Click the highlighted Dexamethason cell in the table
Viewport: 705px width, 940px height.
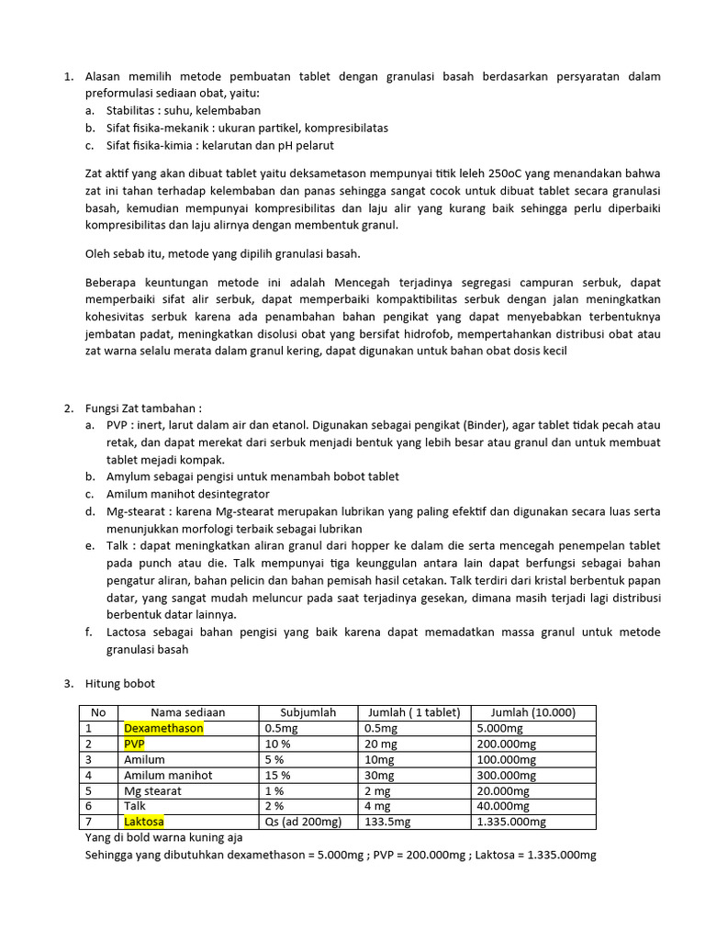point(163,728)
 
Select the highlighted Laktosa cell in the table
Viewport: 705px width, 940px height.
point(144,822)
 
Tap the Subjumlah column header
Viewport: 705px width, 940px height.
point(308,712)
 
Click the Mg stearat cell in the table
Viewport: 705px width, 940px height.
point(152,790)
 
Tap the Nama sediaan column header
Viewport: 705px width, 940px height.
point(187,712)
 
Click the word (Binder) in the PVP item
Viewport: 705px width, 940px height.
point(490,426)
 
